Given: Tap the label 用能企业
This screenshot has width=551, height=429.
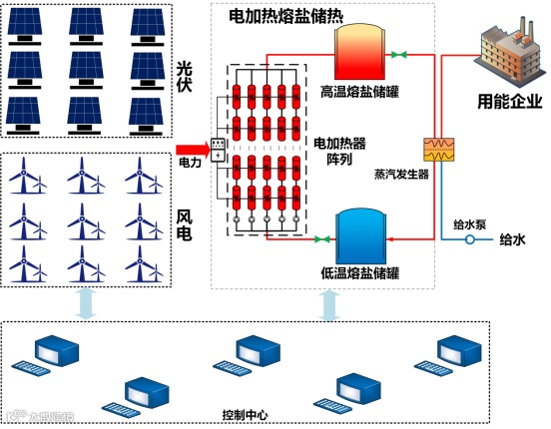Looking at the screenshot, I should [x=509, y=101].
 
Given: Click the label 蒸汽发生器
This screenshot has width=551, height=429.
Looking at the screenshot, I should [x=401, y=174].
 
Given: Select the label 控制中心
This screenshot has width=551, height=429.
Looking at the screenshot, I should [x=245, y=414].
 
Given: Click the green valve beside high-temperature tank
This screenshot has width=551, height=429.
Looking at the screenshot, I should [x=399, y=53].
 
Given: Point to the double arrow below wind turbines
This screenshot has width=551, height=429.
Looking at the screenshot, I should [x=86, y=302].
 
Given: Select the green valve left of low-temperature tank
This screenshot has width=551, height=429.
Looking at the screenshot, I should [x=323, y=238].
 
